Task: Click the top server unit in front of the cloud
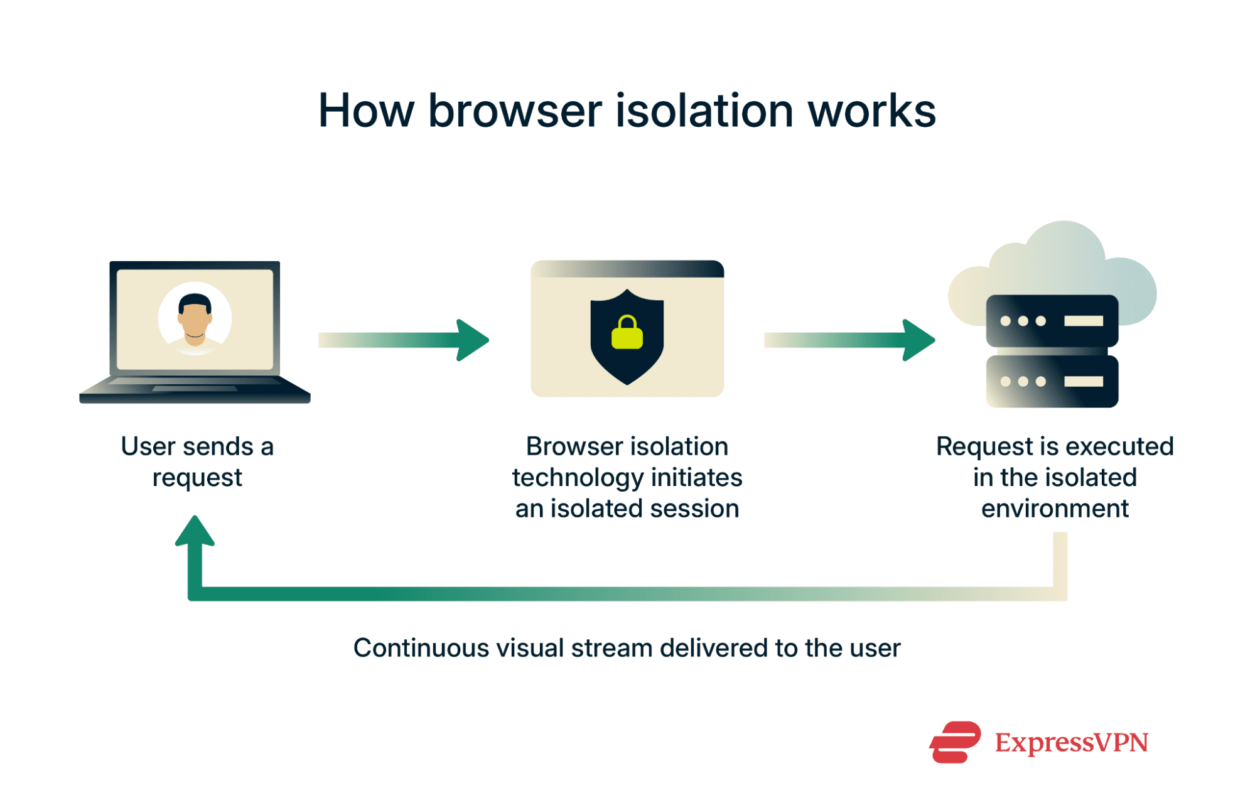[1052, 321]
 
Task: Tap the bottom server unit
[1052, 381]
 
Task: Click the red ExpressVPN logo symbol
[954, 742]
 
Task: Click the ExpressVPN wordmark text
[1071, 742]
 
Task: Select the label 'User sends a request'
[197, 462]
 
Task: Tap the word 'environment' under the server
[1055, 509]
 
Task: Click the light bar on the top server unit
[1083, 321]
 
